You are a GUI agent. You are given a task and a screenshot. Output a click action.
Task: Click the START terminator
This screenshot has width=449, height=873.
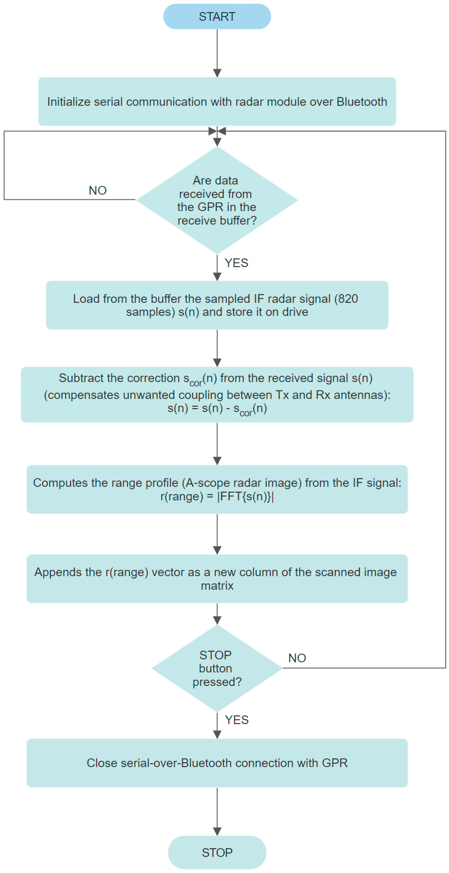pos(217,17)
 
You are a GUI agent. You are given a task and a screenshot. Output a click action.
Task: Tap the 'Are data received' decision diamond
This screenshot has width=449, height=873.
pos(217,200)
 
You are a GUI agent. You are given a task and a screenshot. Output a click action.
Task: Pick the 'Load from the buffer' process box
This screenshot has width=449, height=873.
pos(217,305)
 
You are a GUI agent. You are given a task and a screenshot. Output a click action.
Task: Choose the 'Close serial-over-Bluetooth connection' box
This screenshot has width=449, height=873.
pos(217,763)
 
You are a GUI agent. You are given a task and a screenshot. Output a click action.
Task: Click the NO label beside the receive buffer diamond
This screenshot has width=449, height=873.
pos(97,190)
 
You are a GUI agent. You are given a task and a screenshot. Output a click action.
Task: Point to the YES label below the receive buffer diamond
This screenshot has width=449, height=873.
pos(236,263)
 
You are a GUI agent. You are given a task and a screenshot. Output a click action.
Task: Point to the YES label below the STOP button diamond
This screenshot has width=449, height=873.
pos(237,720)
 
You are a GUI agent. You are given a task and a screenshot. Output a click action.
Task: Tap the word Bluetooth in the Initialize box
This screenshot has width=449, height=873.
pos(362,102)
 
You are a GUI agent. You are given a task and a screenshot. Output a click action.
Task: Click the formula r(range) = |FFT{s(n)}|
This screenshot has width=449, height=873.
pos(217,496)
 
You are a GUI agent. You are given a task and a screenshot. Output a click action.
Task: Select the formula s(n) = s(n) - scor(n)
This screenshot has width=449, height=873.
pos(217,409)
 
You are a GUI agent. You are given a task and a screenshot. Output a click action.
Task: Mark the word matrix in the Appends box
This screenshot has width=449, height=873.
pos(217,586)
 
